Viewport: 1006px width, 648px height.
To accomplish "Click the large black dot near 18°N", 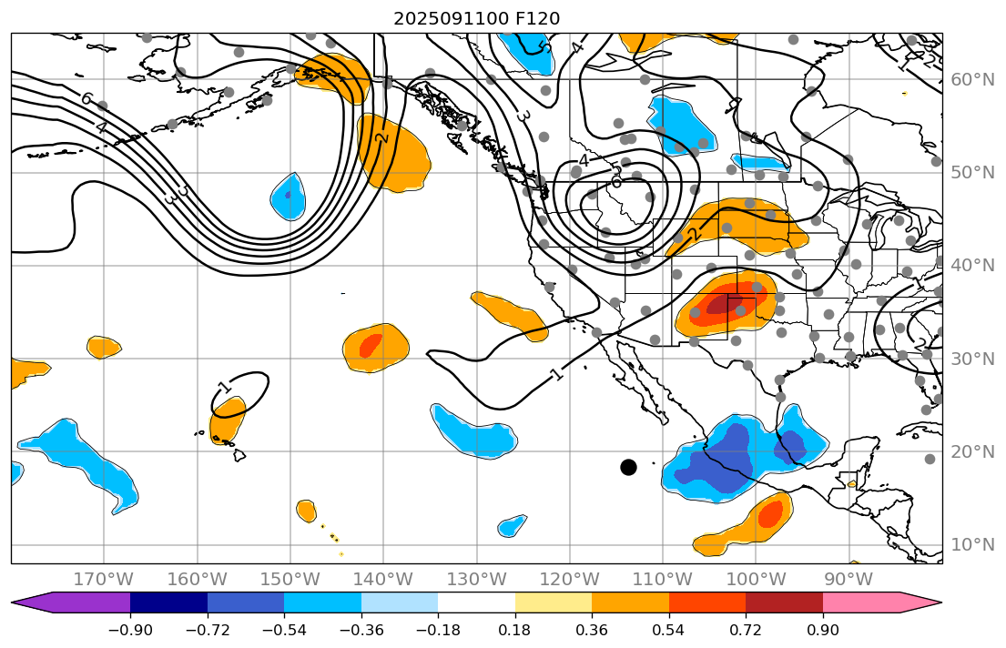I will coord(628,467).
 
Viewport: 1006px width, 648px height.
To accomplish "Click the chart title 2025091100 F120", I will coord(476,18).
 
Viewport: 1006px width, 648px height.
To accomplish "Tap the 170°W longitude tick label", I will coord(104,579).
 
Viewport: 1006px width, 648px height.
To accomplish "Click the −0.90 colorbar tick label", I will coord(130,631).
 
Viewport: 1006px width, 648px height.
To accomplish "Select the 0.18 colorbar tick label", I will coord(514,631).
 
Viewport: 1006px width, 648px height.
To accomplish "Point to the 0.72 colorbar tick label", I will coord(746,631).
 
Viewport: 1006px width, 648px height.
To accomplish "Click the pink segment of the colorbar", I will coord(860,602).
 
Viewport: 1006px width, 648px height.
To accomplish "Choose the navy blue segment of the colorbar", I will coord(168,602).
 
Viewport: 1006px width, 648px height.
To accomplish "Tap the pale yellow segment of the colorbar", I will coord(553,602).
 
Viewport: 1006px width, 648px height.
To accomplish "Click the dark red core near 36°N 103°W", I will coord(725,304).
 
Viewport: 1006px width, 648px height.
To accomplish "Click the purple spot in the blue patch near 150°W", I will coord(289,195).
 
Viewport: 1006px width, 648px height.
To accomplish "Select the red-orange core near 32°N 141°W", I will coord(371,345).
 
